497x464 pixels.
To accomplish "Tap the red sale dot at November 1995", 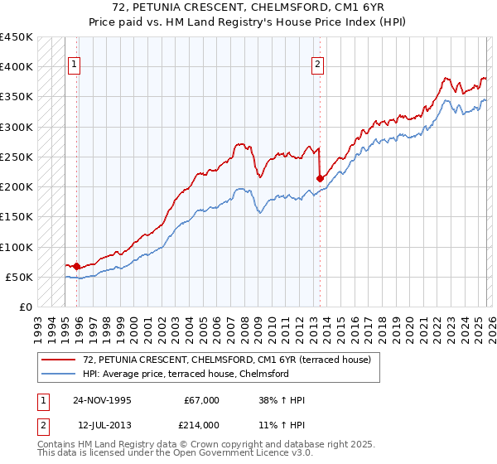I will click(77, 266).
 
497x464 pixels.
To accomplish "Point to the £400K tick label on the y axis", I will click(17, 67).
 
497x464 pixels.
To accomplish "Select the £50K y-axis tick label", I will click(20, 278).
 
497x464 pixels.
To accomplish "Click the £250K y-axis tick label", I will click(17, 157).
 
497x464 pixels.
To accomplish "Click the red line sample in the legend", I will click(60, 359).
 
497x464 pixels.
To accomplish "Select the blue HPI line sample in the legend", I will click(60, 374).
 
